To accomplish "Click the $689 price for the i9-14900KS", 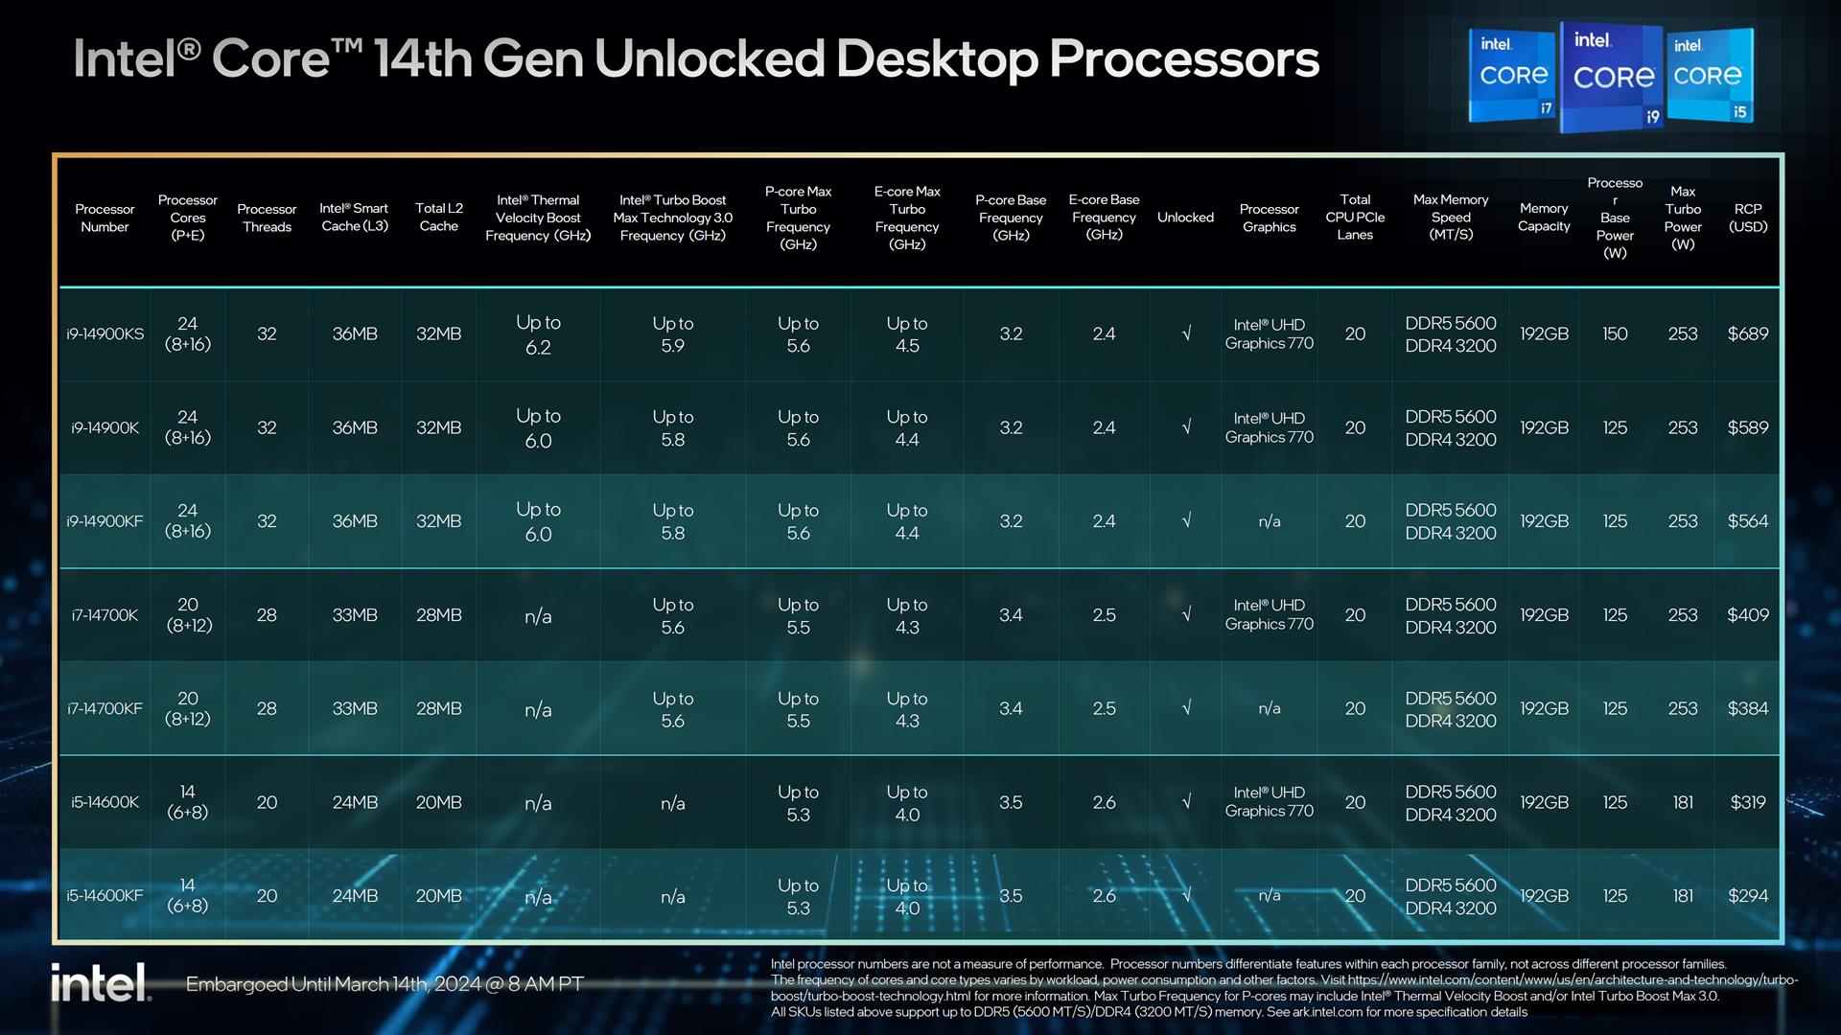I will pyautogui.click(x=1747, y=334).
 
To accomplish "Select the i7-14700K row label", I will pyautogui.click(x=105, y=615).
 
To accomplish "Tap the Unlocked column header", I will pyautogui.click(x=1185, y=218).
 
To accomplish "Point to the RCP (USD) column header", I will pyautogui.click(x=1747, y=218).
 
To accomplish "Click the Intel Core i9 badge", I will pyautogui.click(x=1614, y=77).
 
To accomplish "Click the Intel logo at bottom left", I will pyautogui.click(x=101, y=983).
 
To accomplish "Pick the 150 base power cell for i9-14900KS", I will pyautogui.click(x=1615, y=334).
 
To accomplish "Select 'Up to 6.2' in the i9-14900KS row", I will pyautogui.click(x=538, y=334).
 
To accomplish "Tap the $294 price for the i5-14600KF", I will pyautogui.click(x=1747, y=896).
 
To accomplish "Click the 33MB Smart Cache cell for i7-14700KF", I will pyautogui.click(x=354, y=709).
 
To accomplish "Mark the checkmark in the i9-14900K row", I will pyautogui.click(x=1186, y=427).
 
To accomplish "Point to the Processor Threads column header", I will pyautogui.click(x=267, y=218).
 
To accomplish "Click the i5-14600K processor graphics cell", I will pyautogui.click(x=1269, y=802).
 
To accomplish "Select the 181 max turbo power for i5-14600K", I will pyautogui.click(x=1683, y=802).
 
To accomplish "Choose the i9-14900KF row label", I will pyautogui.click(x=105, y=521).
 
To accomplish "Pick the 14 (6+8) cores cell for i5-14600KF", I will pyautogui.click(x=188, y=896).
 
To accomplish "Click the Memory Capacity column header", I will pyautogui.click(x=1544, y=218).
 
